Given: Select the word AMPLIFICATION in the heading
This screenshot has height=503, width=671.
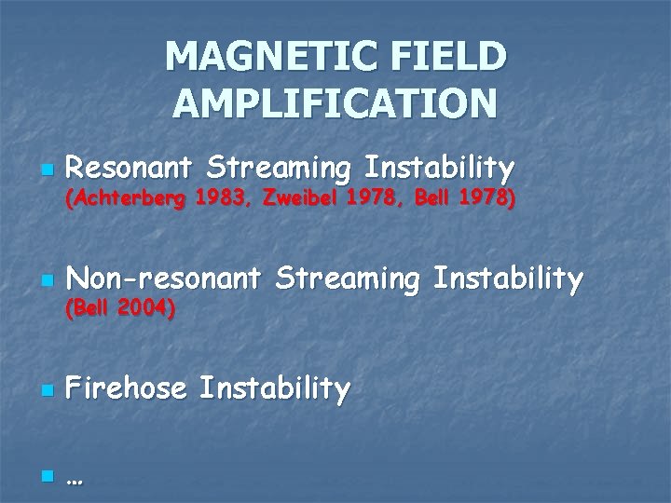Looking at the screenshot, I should point(335,103).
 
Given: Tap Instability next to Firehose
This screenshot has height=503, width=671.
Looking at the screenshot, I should point(275,388).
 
